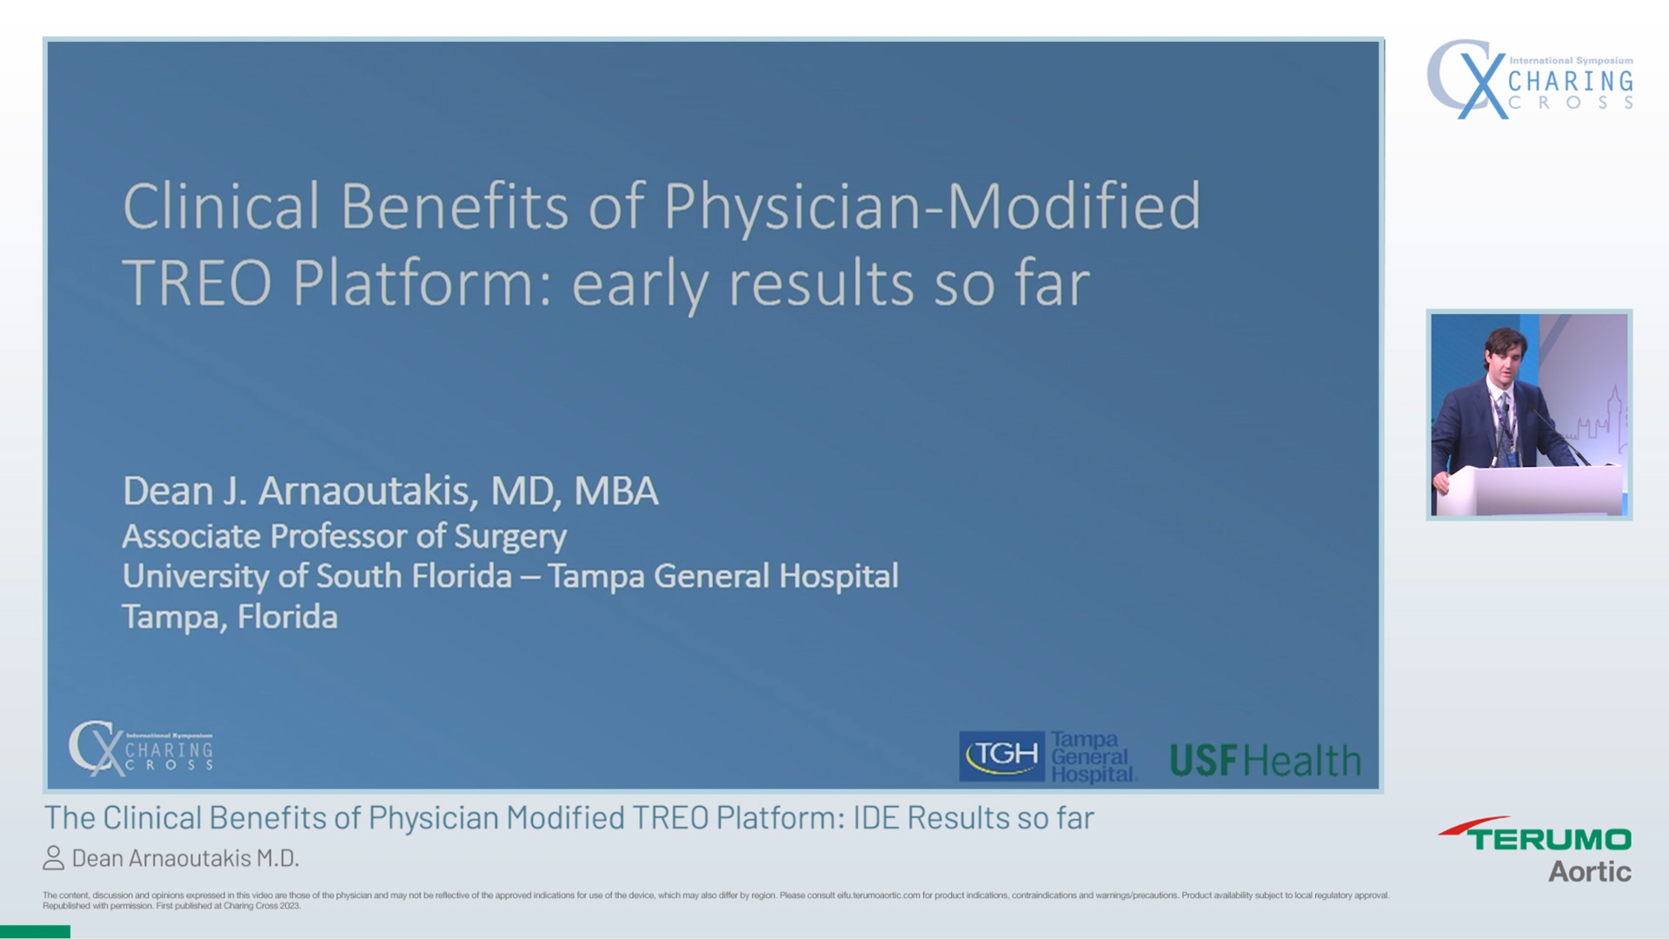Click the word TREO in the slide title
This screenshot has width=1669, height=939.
(196, 283)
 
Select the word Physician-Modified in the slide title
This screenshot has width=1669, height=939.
(932, 207)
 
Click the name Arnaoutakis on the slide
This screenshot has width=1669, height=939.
(368, 491)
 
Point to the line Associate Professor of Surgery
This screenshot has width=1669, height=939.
(344, 536)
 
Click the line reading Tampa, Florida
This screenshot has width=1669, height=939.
(229, 617)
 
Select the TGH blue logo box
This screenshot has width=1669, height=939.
(1002, 756)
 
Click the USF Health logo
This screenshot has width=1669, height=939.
(1265, 761)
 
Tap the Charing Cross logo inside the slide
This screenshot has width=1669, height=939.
(141, 748)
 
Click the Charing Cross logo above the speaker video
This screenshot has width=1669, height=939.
(1530, 79)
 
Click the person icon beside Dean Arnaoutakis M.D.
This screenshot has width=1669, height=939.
(54, 858)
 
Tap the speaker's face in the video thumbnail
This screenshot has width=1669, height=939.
(1507, 354)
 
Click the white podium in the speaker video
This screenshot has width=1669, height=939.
(1530, 491)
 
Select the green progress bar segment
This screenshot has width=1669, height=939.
(35, 932)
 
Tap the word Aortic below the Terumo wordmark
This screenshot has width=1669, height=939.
(1589, 871)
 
